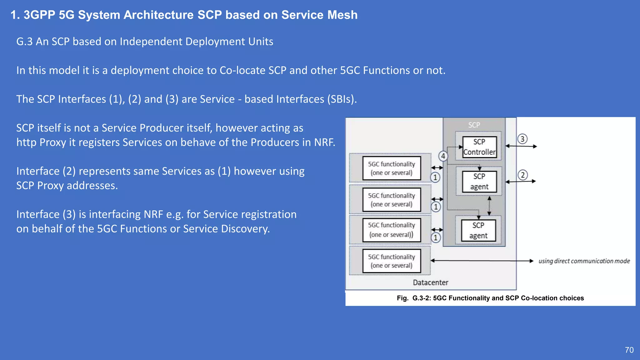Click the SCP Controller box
click(x=479, y=147)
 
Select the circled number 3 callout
click(x=522, y=139)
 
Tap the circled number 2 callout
click(x=522, y=175)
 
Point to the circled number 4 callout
click(x=443, y=156)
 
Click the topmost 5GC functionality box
click(x=392, y=168)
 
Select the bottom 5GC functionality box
click(x=392, y=261)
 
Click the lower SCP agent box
click(x=478, y=230)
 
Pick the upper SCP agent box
click(x=479, y=182)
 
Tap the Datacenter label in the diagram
click(x=430, y=282)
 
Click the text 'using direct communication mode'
click(x=584, y=261)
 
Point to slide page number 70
click(x=629, y=350)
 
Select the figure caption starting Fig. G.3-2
click(x=490, y=298)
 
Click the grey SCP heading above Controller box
click(x=474, y=125)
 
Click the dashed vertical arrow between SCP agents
click(x=489, y=206)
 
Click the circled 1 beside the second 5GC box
click(x=436, y=207)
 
